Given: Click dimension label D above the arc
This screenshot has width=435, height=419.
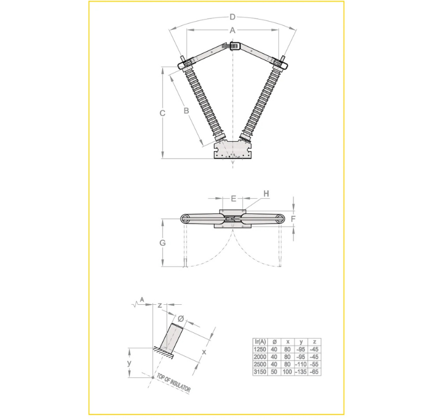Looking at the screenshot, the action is click(233, 17).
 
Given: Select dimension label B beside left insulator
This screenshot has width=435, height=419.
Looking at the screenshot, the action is click(187, 111).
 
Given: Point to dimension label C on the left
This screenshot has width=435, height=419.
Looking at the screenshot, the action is click(163, 113).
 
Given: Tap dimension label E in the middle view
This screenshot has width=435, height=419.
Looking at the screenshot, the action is click(233, 198).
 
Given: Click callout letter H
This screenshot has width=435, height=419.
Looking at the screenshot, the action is click(266, 194).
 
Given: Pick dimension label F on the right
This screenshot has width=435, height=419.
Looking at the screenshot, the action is click(293, 219).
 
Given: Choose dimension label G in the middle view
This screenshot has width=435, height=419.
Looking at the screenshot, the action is click(162, 243).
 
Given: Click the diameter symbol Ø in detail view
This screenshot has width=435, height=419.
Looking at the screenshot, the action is click(181, 319).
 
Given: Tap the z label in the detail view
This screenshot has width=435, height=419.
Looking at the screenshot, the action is click(160, 305).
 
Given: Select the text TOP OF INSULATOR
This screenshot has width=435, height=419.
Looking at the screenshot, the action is click(174, 383).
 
